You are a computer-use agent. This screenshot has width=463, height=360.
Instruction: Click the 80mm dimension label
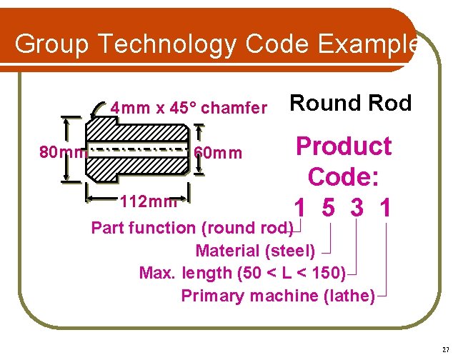(x=62, y=152)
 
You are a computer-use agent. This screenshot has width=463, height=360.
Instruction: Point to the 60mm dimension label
(x=218, y=154)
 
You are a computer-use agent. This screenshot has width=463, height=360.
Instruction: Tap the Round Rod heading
(x=350, y=104)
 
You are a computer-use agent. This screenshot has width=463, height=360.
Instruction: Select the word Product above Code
(x=344, y=146)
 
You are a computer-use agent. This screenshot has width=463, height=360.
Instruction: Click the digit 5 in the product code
(x=329, y=209)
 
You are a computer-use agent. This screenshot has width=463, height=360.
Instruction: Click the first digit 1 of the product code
(x=301, y=209)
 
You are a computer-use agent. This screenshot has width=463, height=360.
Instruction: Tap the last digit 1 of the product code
(x=385, y=209)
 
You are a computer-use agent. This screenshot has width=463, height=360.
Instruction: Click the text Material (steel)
(x=255, y=251)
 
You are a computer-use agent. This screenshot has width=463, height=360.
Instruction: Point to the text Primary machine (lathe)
(x=278, y=296)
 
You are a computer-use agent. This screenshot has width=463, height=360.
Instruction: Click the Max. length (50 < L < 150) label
(x=243, y=273)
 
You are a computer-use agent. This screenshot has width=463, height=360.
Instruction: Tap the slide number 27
(x=445, y=349)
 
